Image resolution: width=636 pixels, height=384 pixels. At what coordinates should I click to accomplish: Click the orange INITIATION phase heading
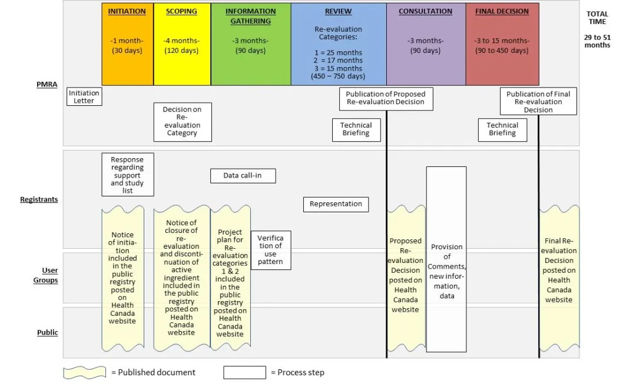128,11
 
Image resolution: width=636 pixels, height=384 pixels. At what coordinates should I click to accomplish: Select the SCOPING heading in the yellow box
181,11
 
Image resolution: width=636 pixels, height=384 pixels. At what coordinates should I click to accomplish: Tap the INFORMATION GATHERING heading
250,16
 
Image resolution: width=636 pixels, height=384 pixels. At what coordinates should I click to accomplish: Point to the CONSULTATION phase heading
425,11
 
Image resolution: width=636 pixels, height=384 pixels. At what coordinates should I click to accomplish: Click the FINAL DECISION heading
502,11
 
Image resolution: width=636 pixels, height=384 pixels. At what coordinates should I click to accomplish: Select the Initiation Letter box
84,96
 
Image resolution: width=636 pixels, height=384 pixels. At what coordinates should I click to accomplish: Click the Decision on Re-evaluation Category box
182,122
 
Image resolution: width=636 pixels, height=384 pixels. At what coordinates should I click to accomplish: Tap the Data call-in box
243,175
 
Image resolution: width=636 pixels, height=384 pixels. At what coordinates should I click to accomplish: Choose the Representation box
336,204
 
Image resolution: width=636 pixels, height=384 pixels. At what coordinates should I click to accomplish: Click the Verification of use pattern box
270,250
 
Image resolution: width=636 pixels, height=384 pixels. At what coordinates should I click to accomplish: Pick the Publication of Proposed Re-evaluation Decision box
385,98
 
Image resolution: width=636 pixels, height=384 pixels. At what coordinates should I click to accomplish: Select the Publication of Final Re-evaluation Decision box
538,101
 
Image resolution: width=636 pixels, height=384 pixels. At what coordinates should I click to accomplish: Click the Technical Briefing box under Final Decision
502,129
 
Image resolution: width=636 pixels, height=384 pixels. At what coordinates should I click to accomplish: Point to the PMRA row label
47,84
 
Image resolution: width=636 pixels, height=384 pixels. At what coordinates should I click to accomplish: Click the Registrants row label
39,199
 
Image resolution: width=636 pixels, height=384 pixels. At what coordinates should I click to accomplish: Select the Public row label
48,332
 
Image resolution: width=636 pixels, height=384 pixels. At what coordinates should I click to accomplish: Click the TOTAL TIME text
597,18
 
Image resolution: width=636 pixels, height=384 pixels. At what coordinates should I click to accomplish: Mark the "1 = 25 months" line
339,52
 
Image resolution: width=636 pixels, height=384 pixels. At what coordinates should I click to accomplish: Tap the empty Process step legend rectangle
244,372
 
